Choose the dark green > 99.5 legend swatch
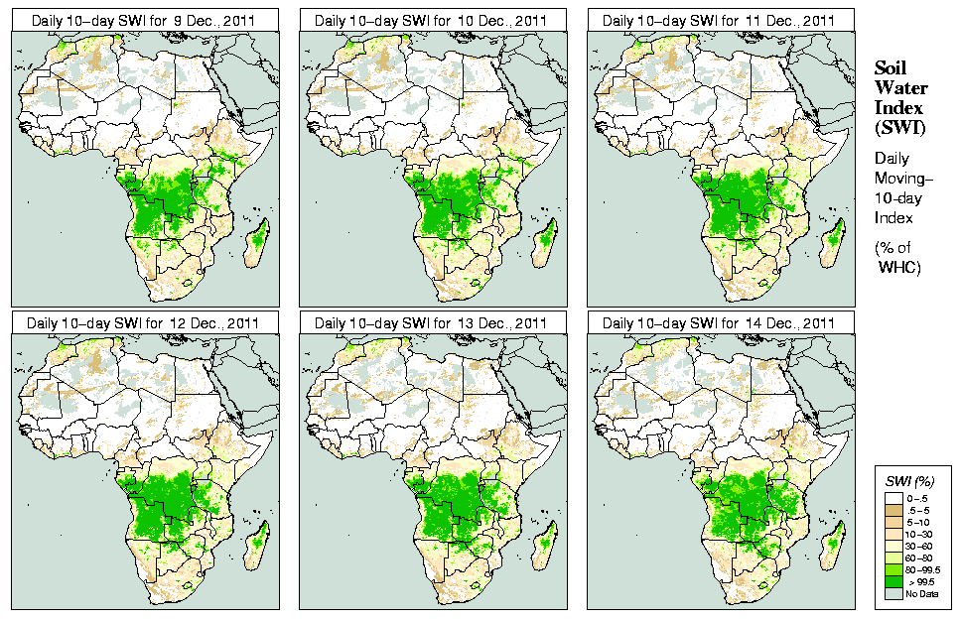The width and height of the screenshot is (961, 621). click(x=894, y=581)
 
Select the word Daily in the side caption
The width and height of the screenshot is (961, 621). click(x=892, y=158)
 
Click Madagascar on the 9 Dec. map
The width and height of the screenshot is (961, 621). click(x=260, y=238)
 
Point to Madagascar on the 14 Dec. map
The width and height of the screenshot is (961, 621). click(x=836, y=542)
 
